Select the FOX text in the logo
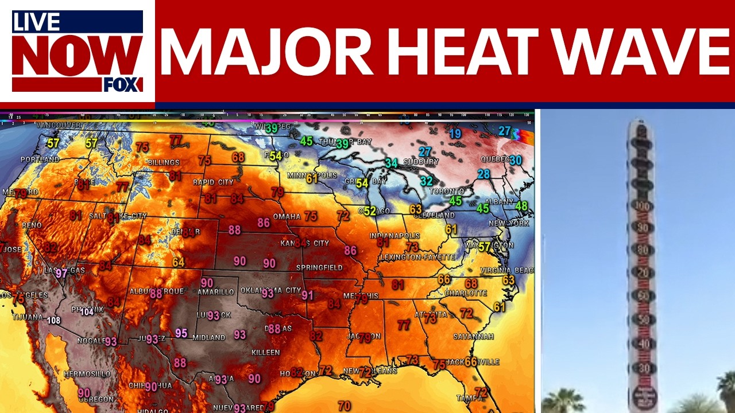tap(123, 85)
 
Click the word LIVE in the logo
tap(36, 22)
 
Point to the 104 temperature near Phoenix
tap(87, 311)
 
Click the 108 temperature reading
tap(54, 321)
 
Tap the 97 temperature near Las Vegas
tap(61, 273)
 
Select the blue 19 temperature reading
tap(455, 134)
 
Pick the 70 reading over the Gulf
tap(344, 406)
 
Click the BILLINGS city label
tap(164, 163)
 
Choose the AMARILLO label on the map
tap(215, 292)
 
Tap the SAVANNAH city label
tap(473, 337)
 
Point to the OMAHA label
tap(287, 217)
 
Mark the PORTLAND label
tap(40, 159)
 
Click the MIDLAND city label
tap(208, 337)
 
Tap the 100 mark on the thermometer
tap(641, 206)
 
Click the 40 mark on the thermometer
tap(641, 344)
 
